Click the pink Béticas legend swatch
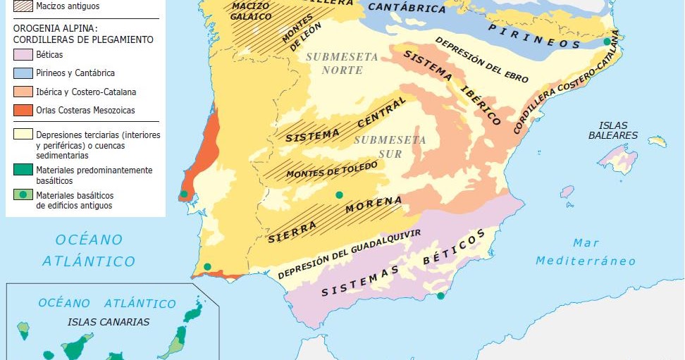(x=23, y=54)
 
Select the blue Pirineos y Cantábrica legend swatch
(x=23, y=73)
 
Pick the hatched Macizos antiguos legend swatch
(x=23, y=6)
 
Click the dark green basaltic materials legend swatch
(x=23, y=170)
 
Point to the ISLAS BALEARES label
(x=613, y=130)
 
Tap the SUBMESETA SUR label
(x=389, y=147)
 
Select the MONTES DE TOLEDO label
(x=331, y=169)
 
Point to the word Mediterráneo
(x=585, y=261)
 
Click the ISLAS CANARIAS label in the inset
(x=109, y=322)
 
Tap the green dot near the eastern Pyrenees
(x=607, y=42)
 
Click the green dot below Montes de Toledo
(x=339, y=195)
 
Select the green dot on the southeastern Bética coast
(x=440, y=296)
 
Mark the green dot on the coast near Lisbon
(x=184, y=194)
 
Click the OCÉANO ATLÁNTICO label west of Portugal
(x=89, y=250)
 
